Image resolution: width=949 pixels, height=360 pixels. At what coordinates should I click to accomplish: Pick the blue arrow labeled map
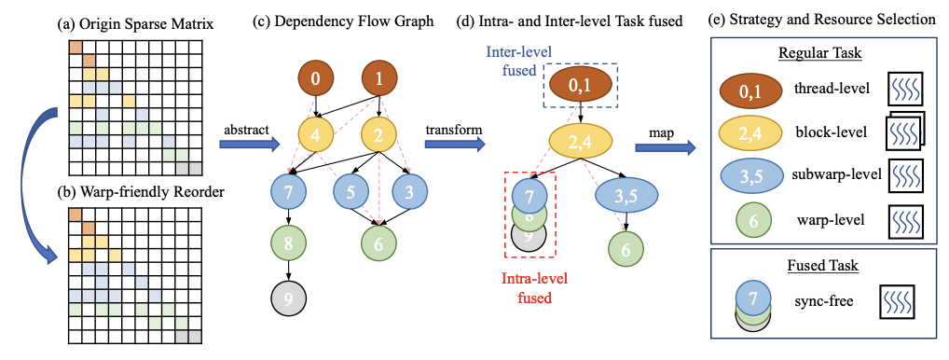(673, 145)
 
